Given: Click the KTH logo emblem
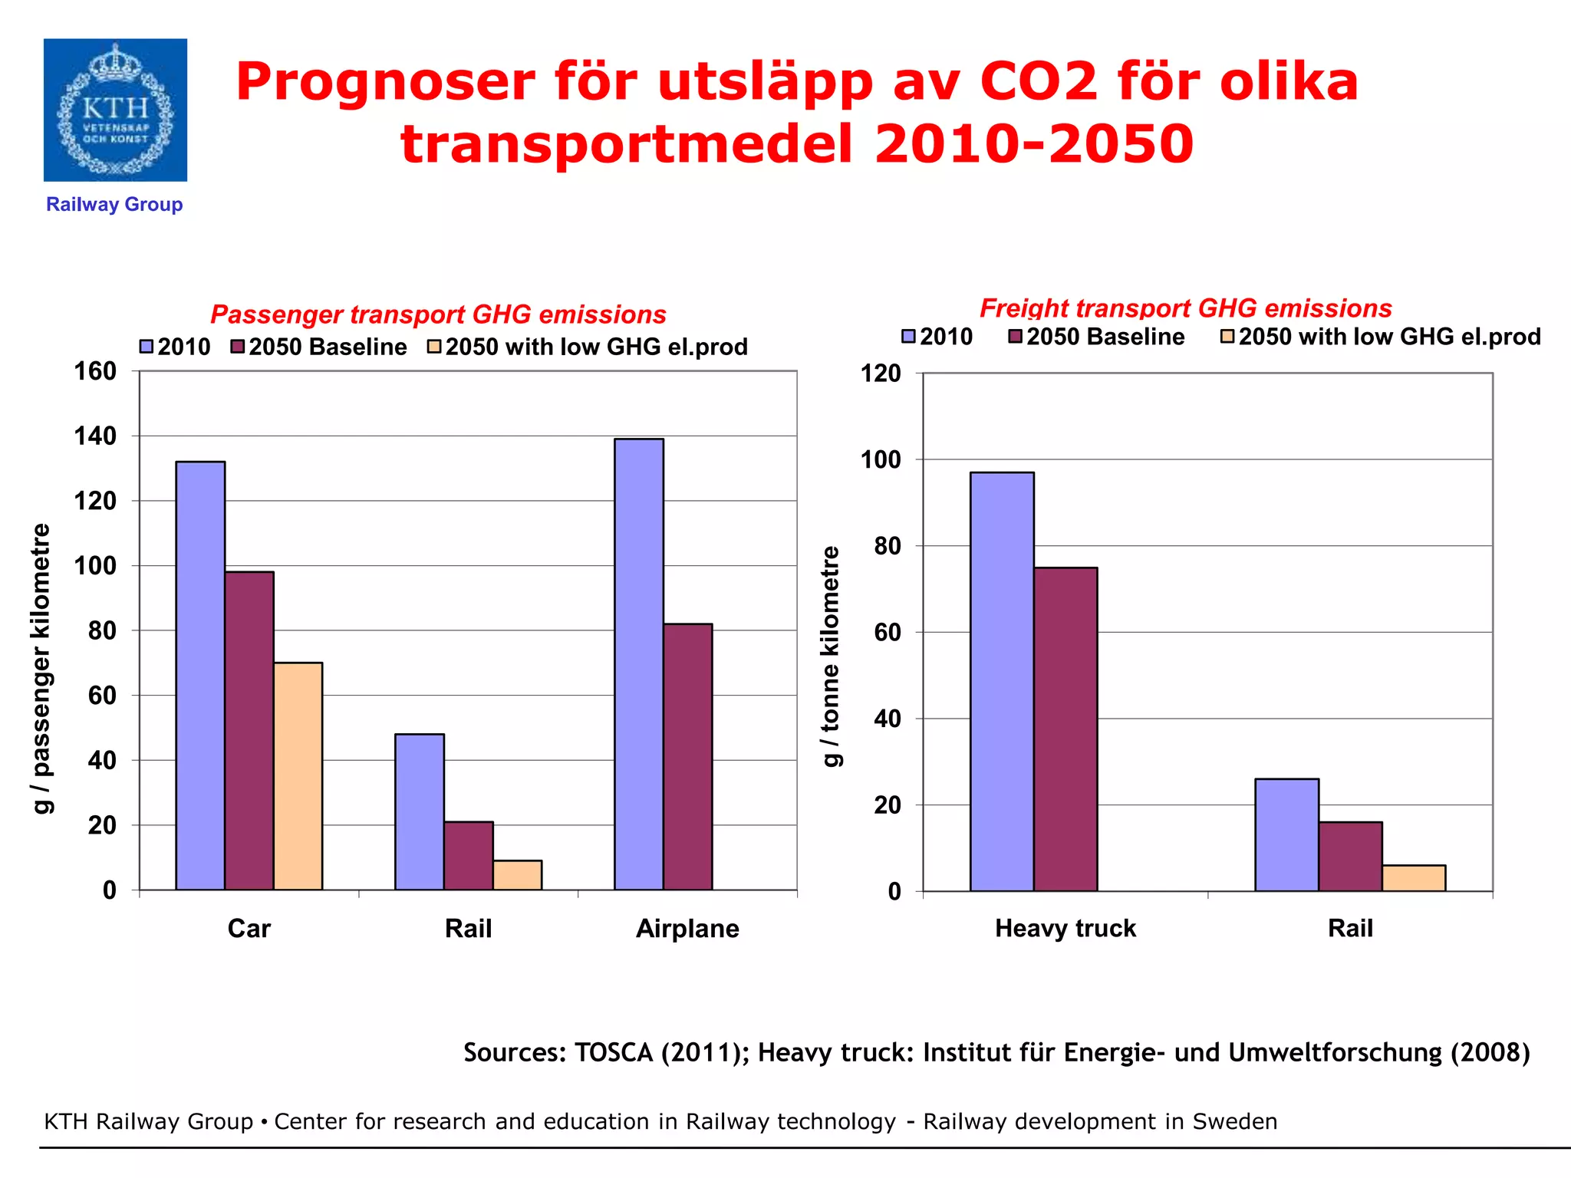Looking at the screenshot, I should tap(115, 110).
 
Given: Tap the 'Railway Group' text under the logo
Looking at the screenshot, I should tap(114, 205).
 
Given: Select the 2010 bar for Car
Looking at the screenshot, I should tap(200, 675).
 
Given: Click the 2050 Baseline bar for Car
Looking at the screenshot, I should tap(249, 730).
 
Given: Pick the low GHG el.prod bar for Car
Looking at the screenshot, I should tap(298, 775).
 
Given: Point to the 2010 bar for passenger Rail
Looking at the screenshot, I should tap(420, 811).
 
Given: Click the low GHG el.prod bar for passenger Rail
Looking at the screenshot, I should tap(517, 875).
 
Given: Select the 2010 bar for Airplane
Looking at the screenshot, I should tap(639, 664).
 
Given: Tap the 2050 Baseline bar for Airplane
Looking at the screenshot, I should tap(687, 756).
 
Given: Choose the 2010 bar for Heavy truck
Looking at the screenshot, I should tap(1002, 681).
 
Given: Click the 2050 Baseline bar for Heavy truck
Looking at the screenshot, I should tap(1065, 729).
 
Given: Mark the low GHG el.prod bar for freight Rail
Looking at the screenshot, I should tap(1414, 878).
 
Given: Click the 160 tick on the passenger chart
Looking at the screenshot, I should tap(95, 371).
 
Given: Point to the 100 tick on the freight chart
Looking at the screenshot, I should tap(881, 460).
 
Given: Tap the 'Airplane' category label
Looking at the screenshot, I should tap(687, 929).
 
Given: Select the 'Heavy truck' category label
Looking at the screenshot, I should tap(1065, 929).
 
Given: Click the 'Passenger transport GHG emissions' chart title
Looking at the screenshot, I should tap(438, 314).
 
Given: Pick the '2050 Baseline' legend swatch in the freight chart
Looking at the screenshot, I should tap(1016, 337).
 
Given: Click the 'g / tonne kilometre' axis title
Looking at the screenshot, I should tap(831, 656).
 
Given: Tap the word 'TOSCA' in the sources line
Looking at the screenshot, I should tap(614, 1052).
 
